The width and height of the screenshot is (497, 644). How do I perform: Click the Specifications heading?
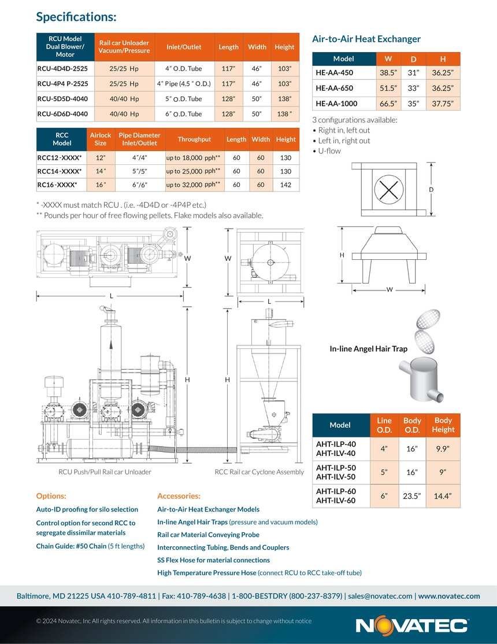coord(76,17)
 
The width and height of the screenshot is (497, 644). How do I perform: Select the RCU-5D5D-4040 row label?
coord(63,98)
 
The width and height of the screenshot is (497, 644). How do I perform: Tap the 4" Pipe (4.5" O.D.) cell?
coord(184,84)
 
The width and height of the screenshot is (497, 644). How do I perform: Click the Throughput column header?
coord(194,139)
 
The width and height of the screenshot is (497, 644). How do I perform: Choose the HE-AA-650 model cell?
coord(334,88)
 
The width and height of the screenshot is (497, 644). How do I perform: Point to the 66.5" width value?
coord(388,104)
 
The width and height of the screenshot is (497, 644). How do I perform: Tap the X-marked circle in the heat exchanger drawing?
coord(388,189)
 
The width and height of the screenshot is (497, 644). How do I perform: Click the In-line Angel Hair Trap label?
coord(368,349)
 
